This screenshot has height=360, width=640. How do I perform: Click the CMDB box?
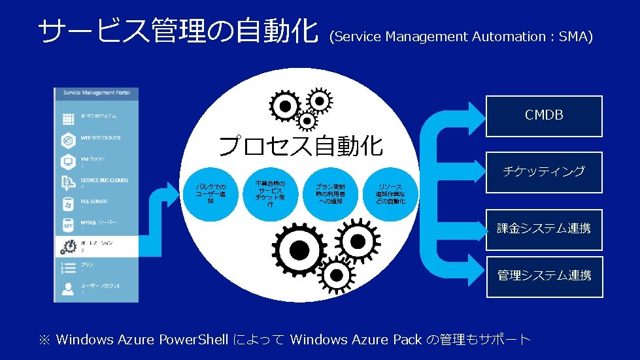click(543, 116)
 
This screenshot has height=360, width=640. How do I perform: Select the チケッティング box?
click(543, 172)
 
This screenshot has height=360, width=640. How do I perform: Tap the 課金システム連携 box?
click(543, 229)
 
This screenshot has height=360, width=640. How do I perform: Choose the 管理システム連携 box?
click(543, 276)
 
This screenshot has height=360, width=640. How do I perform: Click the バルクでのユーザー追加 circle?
click(211, 193)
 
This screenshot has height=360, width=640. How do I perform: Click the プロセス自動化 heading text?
click(300, 146)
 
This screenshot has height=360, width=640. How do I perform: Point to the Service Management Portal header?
click(97, 93)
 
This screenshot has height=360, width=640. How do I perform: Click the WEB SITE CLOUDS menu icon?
click(68, 140)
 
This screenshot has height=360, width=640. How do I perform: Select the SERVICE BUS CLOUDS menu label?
click(105, 180)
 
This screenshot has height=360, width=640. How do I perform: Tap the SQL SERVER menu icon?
click(68, 204)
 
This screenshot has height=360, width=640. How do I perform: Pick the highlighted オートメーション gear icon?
click(68, 246)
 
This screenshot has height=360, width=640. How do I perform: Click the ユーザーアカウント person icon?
click(68, 289)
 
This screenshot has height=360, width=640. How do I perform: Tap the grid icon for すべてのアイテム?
click(68, 119)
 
